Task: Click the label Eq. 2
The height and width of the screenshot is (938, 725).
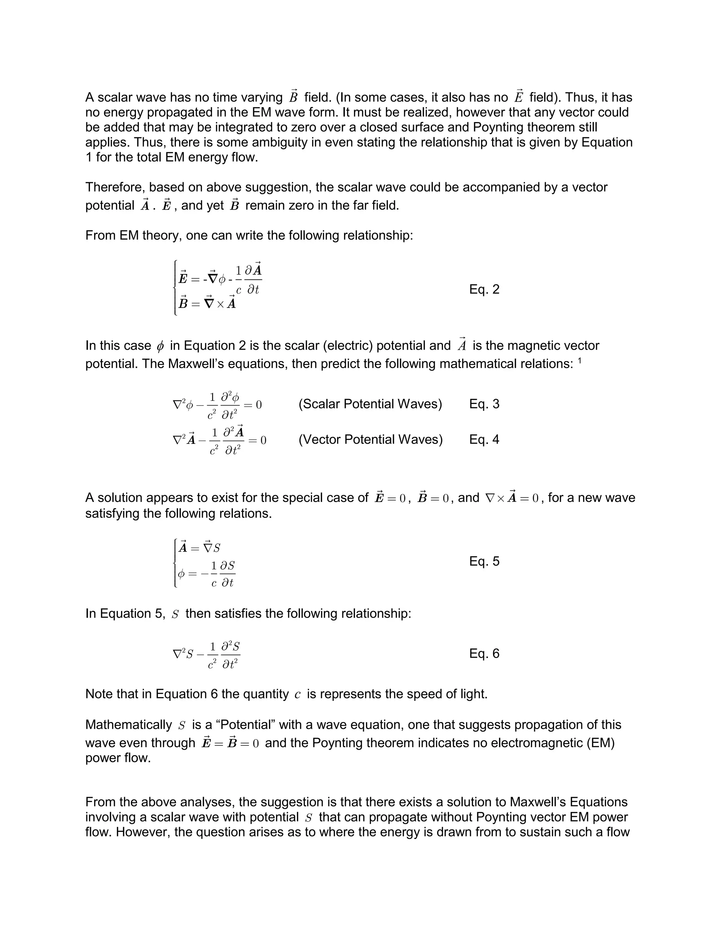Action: pyautogui.click(x=484, y=290)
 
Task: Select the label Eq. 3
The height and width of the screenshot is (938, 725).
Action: pyautogui.click(x=484, y=404)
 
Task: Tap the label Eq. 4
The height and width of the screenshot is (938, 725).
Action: pyautogui.click(x=484, y=440)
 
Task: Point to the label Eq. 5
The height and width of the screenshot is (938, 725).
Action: pyautogui.click(x=484, y=561)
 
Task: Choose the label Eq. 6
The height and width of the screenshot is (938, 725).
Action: pyautogui.click(x=484, y=654)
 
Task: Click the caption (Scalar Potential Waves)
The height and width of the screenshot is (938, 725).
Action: pyautogui.click(x=370, y=404)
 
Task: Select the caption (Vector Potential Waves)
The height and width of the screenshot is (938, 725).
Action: pyautogui.click(x=370, y=440)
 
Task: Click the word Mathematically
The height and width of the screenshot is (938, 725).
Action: pyautogui.click(x=129, y=725)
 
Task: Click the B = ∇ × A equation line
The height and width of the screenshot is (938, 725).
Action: pyautogui.click(x=207, y=303)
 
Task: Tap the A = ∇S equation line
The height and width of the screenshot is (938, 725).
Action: pyautogui.click(x=199, y=548)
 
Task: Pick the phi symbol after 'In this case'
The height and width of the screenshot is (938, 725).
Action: pyautogui.click(x=160, y=346)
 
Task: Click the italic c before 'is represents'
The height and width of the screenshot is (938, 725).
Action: pyautogui.click(x=298, y=695)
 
